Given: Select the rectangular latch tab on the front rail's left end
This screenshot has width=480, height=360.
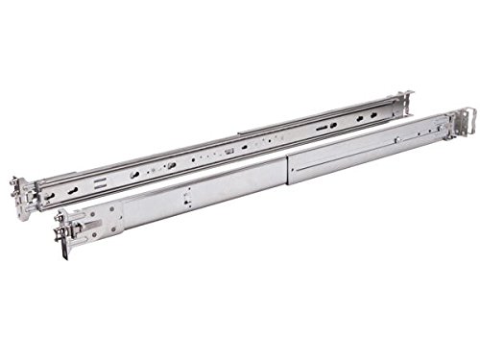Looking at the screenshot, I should click(95, 230).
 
